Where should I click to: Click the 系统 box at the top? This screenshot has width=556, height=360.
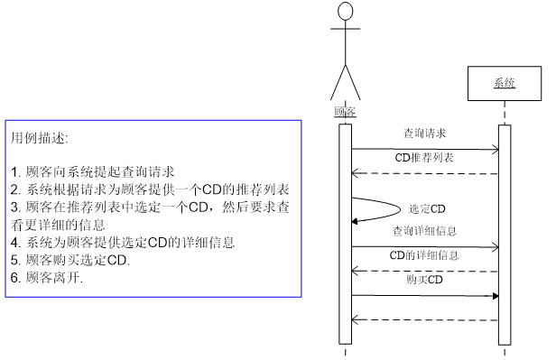pos(504,84)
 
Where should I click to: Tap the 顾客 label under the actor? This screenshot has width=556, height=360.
pos(344,112)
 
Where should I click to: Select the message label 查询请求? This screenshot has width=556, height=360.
pos(424,133)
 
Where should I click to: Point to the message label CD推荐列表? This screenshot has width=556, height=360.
pos(424,158)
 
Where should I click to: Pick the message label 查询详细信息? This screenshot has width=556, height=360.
pos(424,231)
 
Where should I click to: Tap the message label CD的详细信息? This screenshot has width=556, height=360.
pos(424,255)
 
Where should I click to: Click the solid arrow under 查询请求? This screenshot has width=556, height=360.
pos(424,150)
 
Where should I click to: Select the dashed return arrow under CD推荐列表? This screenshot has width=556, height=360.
pos(424,173)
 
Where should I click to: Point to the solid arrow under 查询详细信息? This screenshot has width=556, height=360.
pos(424,246)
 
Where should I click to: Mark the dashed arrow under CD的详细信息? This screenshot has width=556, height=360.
pos(424,271)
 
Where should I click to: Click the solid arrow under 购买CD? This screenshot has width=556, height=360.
pos(424,295)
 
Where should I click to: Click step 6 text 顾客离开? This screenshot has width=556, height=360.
pos(47,278)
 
